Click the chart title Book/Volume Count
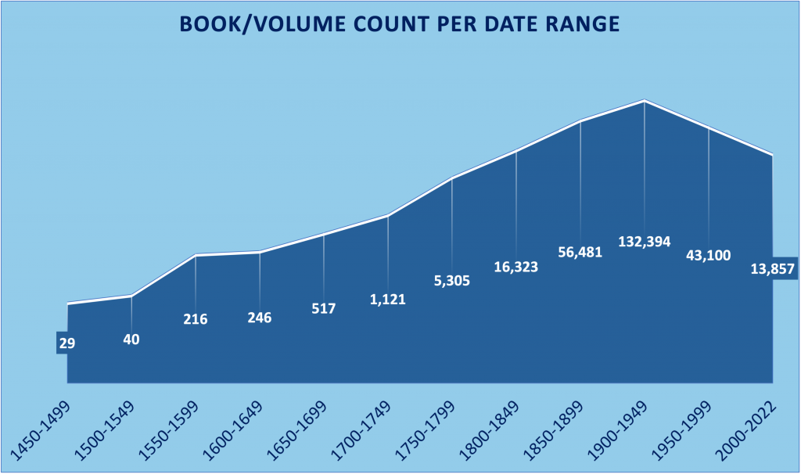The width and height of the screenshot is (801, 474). point(400,24)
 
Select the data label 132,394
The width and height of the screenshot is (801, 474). point(645,242)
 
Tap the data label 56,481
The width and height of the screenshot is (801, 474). point(580,252)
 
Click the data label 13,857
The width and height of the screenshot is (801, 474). point(771,269)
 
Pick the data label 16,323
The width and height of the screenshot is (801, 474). point(516,266)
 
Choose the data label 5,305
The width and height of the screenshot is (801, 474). point(452,280)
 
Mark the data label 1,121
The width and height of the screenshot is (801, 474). point(388,298)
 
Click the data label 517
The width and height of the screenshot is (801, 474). point(323,308)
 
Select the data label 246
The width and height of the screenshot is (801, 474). point(259,318)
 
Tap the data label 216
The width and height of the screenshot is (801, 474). point(195,318)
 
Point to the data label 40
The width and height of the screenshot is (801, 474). point(131,339)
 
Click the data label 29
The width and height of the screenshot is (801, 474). point(66,343)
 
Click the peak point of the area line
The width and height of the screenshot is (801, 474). point(645,101)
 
